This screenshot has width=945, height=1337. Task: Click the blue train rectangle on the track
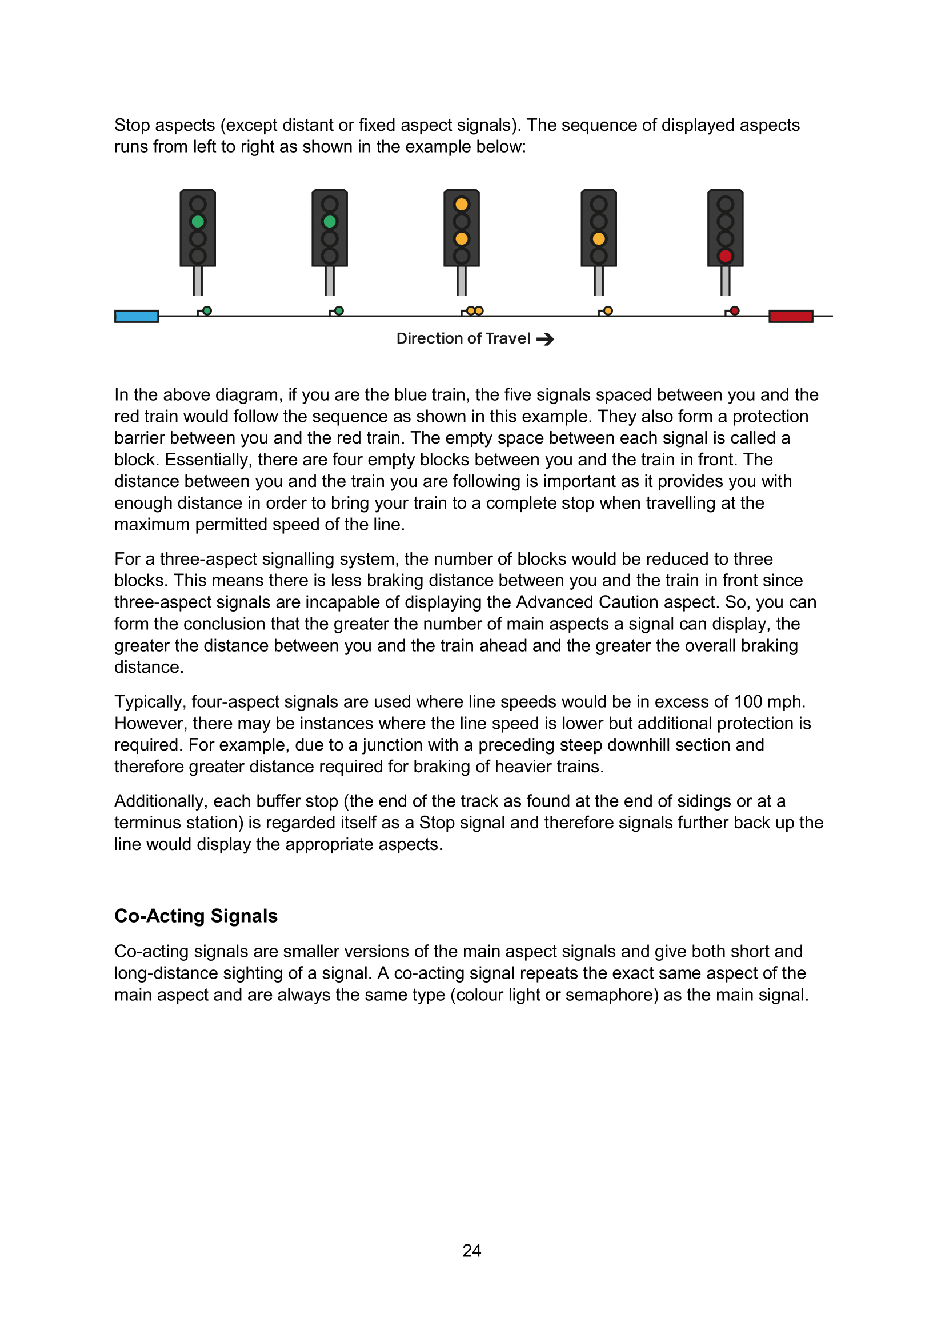click(x=136, y=316)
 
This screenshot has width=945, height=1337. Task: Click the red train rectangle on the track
click(x=790, y=316)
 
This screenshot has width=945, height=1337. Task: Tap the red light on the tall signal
click(x=725, y=256)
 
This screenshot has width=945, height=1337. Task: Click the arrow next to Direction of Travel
click(x=544, y=339)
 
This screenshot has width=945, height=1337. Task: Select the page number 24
click(x=471, y=1250)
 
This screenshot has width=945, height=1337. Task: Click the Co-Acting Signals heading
click(x=195, y=916)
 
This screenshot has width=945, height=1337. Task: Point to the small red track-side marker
click(x=734, y=311)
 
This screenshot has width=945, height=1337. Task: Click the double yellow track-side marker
click(x=474, y=311)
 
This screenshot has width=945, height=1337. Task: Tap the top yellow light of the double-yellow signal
click(x=462, y=205)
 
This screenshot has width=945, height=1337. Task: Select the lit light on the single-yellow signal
click(x=599, y=239)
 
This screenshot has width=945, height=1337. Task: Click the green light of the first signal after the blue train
click(x=198, y=221)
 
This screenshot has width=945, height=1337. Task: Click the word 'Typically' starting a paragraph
click(x=149, y=702)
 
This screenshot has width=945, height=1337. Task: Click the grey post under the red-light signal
click(x=725, y=281)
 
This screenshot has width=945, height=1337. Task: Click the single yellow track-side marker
click(x=607, y=311)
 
